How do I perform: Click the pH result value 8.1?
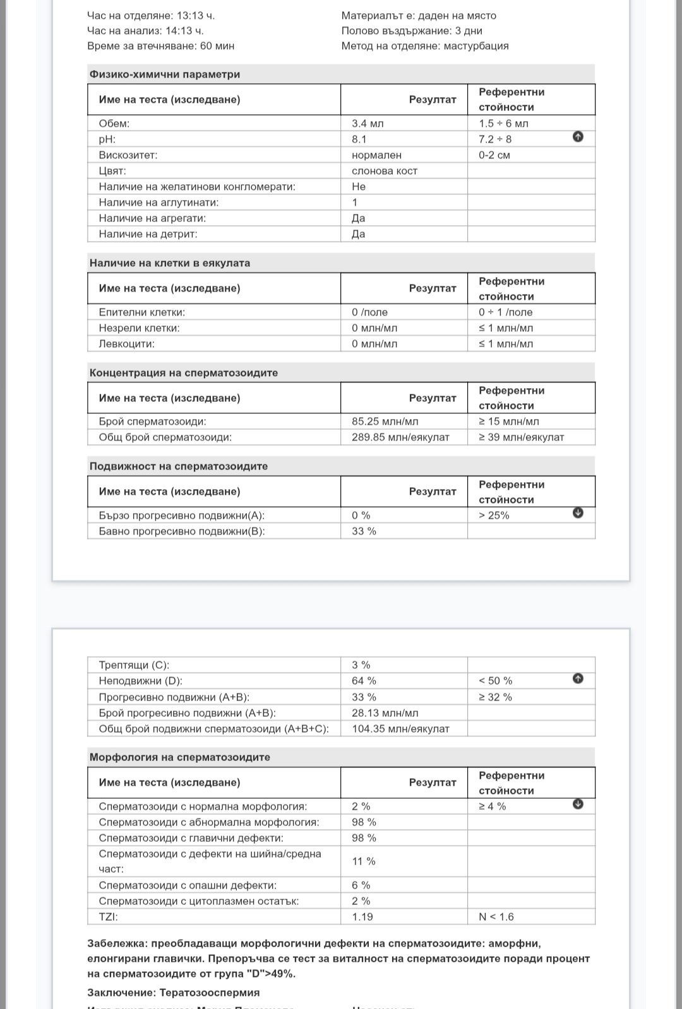359,139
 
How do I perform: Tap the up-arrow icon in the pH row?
578,137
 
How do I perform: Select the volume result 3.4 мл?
368,123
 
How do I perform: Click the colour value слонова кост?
385,170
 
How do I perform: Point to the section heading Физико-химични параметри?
165,74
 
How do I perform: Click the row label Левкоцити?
127,343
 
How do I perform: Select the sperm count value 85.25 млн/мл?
385,421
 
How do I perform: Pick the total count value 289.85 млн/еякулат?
400,437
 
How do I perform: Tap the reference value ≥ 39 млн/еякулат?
521,437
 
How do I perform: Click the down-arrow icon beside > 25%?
578,513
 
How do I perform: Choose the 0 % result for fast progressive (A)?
361,515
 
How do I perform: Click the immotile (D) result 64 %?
364,680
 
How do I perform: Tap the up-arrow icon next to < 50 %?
578,678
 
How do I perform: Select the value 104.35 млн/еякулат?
400,728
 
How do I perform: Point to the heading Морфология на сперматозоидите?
180,757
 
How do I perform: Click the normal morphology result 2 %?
361,806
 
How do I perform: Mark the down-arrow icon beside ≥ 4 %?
578,804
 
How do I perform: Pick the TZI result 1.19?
362,916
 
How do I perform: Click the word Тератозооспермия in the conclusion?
210,992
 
